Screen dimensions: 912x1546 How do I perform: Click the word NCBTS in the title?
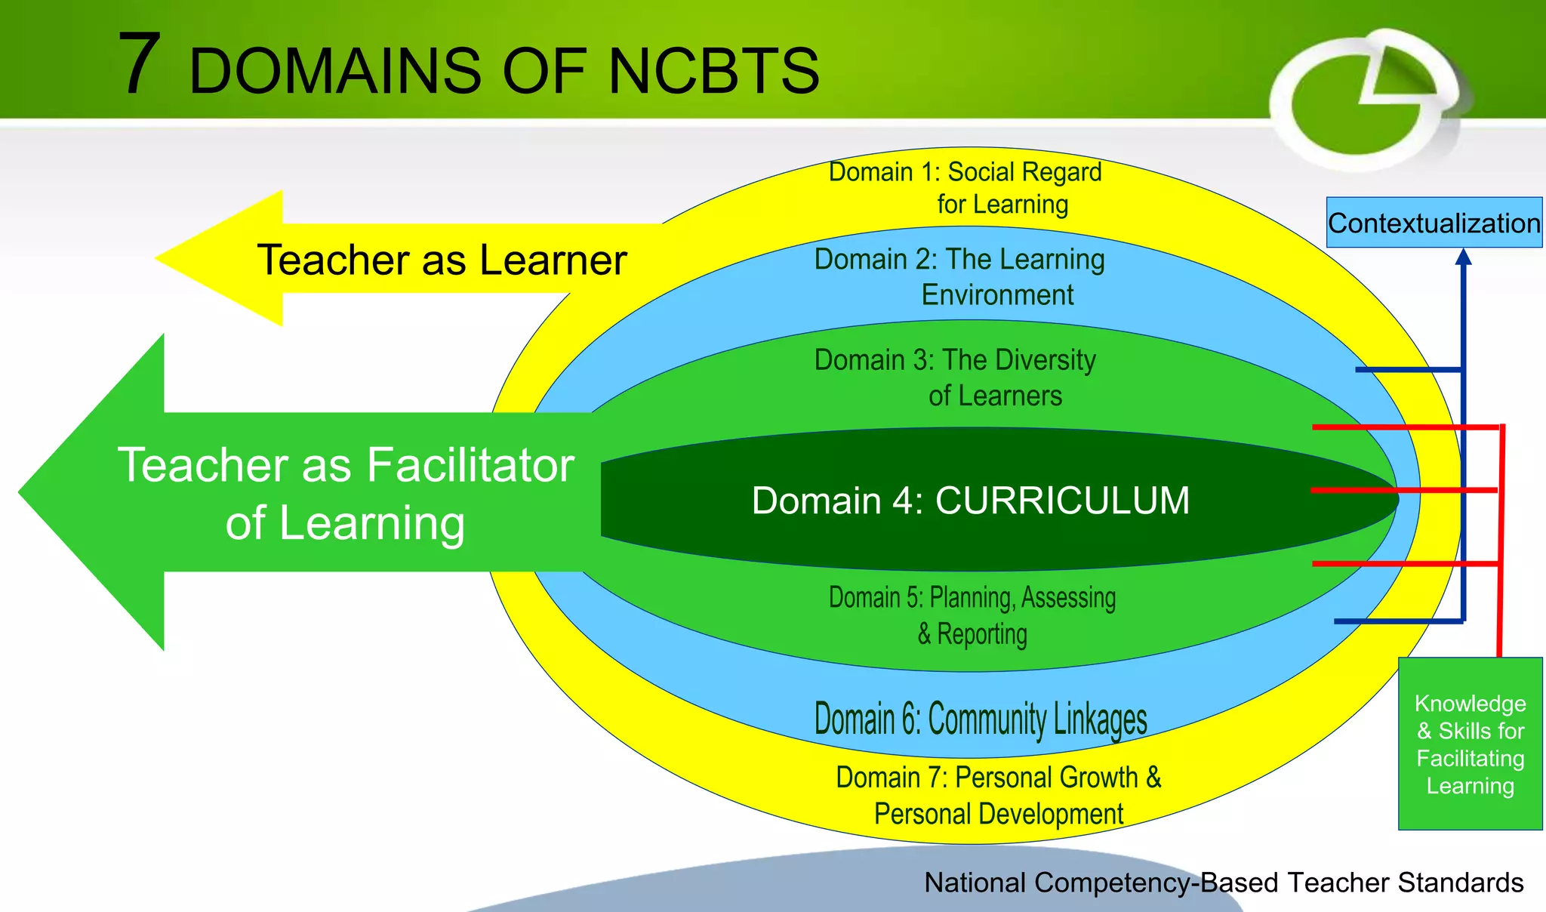(x=713, y=71)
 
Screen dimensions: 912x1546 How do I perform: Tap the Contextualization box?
(x=1434, y=223)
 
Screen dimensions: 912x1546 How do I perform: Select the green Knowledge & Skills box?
(x=1470, y=744)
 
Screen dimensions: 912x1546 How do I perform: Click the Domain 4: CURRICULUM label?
(x=970, y=501)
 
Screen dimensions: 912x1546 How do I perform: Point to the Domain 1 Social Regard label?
(x=965, y=188)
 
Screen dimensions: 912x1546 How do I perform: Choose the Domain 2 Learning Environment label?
(x=959, y=276)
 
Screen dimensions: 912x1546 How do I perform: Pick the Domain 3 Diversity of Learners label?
(x=956, y=377)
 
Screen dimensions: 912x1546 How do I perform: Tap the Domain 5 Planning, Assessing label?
(x=972, y=615)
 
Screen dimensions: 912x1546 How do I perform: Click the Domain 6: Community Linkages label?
(x=981, y=719)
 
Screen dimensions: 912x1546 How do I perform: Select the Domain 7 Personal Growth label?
(x=998, y=795)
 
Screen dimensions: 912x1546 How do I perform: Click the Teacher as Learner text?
(x=442, y=260)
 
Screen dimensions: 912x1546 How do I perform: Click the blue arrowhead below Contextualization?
(x=1463, y=257)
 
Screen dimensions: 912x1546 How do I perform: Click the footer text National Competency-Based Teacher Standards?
(x=1223, y=882)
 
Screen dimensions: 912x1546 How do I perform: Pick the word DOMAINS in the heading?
(x=335, y=71)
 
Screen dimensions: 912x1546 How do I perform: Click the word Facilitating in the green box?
(x=1470, y=758)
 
